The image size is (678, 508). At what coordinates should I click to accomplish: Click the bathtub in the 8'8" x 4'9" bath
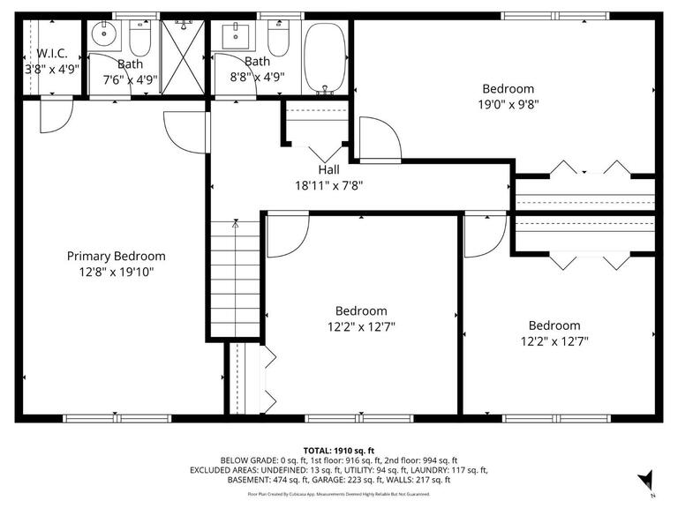coord(327,58)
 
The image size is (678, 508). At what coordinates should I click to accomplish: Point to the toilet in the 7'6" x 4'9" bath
coord(141,39)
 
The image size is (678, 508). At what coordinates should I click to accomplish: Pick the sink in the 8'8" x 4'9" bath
coord(237,37)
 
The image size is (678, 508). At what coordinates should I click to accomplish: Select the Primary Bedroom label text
coord(116,256)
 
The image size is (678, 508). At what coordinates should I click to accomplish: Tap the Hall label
coord(328,170)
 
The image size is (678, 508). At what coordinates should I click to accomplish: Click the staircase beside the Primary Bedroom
coord(236,278)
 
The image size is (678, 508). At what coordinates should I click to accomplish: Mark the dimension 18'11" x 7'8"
coord(328,186)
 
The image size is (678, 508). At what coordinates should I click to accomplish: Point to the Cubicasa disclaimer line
coord(339,495)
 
